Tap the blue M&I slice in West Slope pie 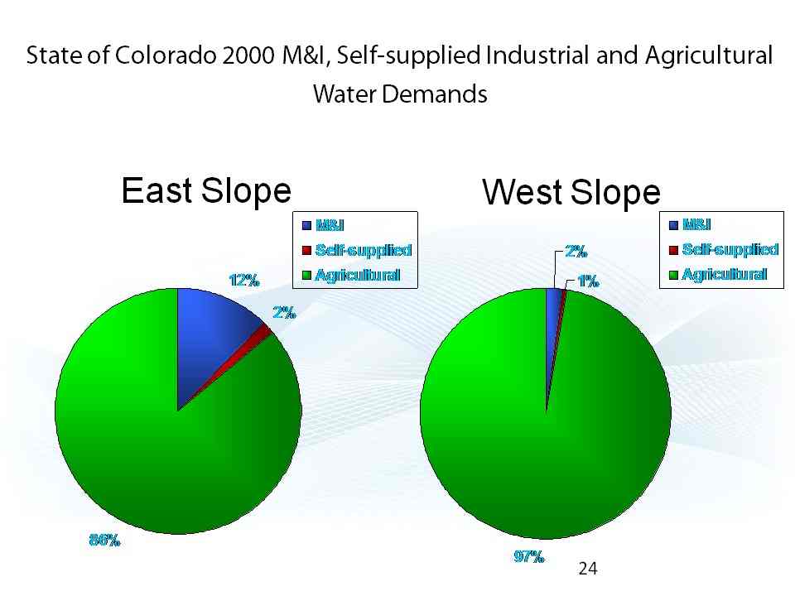point(552,329)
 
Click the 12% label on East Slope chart point(244,281)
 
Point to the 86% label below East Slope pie point(105,541)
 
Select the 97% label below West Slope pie point(529,556)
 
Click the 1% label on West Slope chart point(588,281)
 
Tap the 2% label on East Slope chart point(284,312)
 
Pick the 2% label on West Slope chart point(576,251)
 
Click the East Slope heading point(206,190)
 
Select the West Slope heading point(571,192)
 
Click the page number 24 point(588,569)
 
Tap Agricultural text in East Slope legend point(358,275)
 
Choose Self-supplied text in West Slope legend point(730,249)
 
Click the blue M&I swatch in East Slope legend point(306,225)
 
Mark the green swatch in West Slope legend point(673,275)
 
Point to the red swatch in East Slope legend point(306,250)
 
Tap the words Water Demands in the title point(400,94)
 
